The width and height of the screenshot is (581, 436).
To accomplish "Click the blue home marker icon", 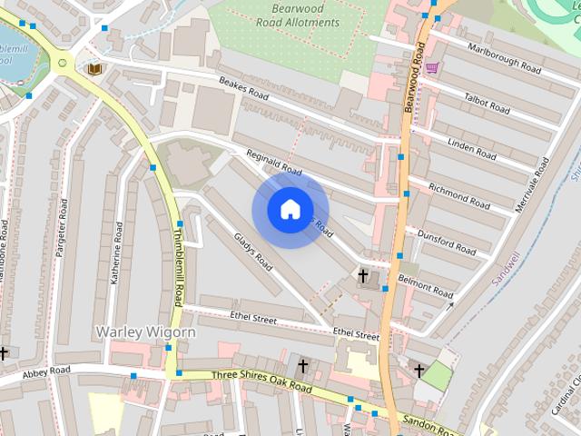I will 290,210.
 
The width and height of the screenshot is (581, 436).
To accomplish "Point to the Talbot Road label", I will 486,101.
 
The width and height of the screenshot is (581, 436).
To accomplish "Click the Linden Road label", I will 472,142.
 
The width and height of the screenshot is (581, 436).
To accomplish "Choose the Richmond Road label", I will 459,192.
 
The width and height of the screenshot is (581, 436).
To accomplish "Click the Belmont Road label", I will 426,287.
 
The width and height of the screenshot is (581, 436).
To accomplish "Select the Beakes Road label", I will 242,87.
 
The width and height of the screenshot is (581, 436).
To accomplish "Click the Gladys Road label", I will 253,252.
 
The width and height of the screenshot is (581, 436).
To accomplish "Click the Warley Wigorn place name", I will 145,332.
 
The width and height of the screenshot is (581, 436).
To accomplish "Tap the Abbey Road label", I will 46,372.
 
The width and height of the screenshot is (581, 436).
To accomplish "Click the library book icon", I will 93,68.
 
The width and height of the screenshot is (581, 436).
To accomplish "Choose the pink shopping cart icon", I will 432,67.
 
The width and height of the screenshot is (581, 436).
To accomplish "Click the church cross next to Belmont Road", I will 363,274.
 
